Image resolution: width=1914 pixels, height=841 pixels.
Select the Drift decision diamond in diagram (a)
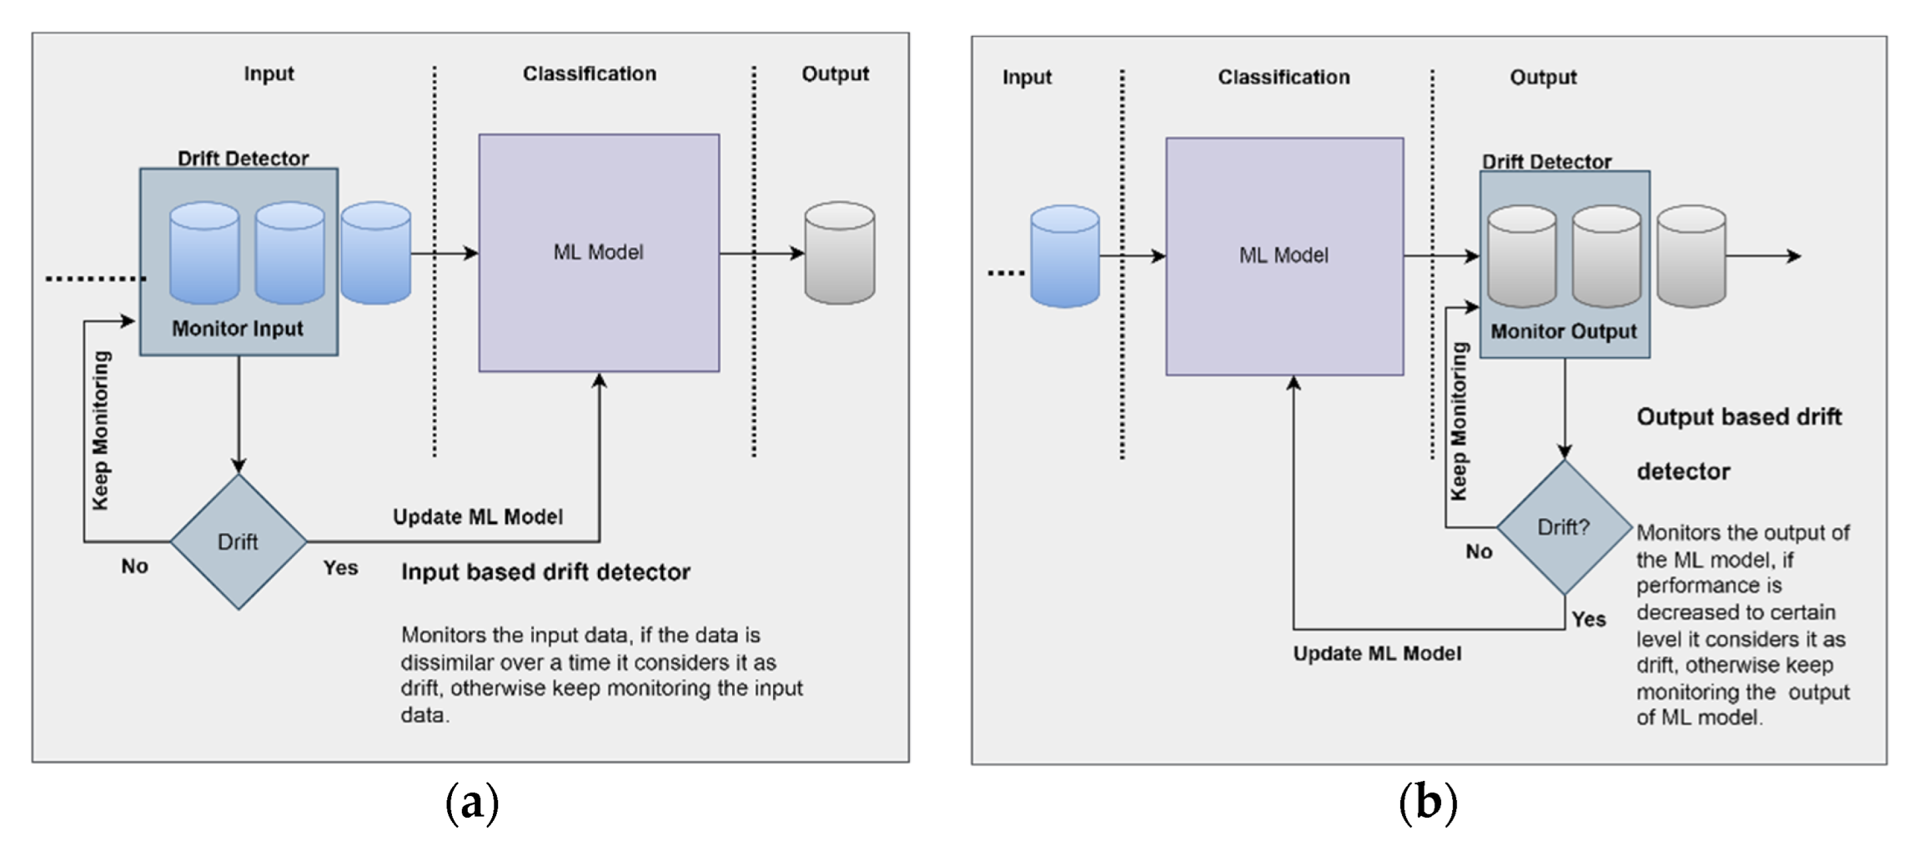coord(239,541)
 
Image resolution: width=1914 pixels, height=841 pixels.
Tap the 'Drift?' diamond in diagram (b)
coord(1564,527)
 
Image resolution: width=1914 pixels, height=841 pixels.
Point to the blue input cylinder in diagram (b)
coord(1064,256)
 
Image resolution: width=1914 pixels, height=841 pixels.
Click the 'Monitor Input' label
coord(238,329)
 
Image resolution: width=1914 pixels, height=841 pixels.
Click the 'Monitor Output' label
coord(1564,331)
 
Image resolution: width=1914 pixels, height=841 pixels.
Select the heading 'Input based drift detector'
coord(545,572)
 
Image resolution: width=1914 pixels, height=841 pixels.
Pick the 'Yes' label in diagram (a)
coord(340,568)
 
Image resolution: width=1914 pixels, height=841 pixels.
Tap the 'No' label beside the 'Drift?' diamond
coord(1479,551)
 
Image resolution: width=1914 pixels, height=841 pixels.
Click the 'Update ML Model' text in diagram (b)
coord(1377,653)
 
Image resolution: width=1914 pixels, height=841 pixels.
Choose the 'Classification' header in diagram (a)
coord(590,73)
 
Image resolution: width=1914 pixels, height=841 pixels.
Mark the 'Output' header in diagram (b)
coord(1543,78)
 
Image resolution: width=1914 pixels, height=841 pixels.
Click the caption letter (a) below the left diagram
coord(472,803)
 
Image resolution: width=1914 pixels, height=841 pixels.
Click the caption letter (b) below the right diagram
coord(1428,803)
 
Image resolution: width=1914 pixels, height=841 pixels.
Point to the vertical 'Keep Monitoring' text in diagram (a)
coord(101,430)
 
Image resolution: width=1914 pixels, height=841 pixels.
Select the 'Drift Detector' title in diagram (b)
coord(1546,161)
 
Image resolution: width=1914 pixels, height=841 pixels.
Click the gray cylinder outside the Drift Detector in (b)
coord(1690,256)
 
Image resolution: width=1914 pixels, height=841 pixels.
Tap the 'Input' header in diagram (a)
coord(269,73)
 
